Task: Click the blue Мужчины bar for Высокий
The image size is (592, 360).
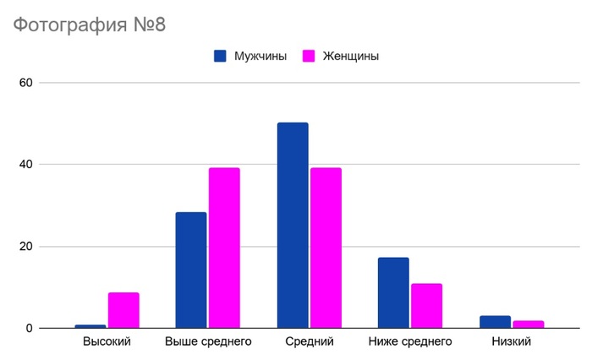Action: pyautogui.click(x=90, y=326)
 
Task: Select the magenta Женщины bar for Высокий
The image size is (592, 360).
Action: pyautogui.click(x=123, y=310)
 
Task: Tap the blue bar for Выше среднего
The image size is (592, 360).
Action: pyautogui.click(x=191, y=270)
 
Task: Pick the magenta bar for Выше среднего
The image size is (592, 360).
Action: pyautogui.click(x=224, y=248)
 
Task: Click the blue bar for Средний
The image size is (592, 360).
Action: pyautogui.click(x=293, y=225)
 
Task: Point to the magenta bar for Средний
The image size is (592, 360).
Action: pyautogui.click(x=326, y=248)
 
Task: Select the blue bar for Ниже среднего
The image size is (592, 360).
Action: pyautogui.click(x=393, y=292)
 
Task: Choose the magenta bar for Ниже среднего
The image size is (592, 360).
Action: pyautogui.click(x=426, y=305)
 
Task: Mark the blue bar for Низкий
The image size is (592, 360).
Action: pyautogui.click(x=495, y=322)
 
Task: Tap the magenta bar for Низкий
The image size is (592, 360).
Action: pyautogui.click(x=528, y=325)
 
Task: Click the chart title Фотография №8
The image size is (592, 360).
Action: pyautogui.click(x=89, y=25)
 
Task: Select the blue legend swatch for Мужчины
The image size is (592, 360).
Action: pyautogui.click(x=220, y=56)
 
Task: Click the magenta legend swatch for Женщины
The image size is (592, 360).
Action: pyautogui.click(x=309, y=56)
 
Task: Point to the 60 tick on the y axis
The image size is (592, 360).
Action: pyautogui.click(x=25, y=83)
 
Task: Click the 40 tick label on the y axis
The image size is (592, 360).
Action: pyautogui.click(x=25, y=165)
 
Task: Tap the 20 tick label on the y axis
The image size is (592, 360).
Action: pyautogui.click(x=25, y=247)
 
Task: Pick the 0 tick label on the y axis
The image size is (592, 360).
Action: pyautogui.click(x=29, y=329)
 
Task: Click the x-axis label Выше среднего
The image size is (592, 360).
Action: pyautogui.click(x=208, y=342)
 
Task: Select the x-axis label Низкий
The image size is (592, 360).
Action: pyautogui.click(x=511, y=342)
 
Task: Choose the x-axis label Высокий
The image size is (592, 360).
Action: pyautogui.click(x=107, y=342)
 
